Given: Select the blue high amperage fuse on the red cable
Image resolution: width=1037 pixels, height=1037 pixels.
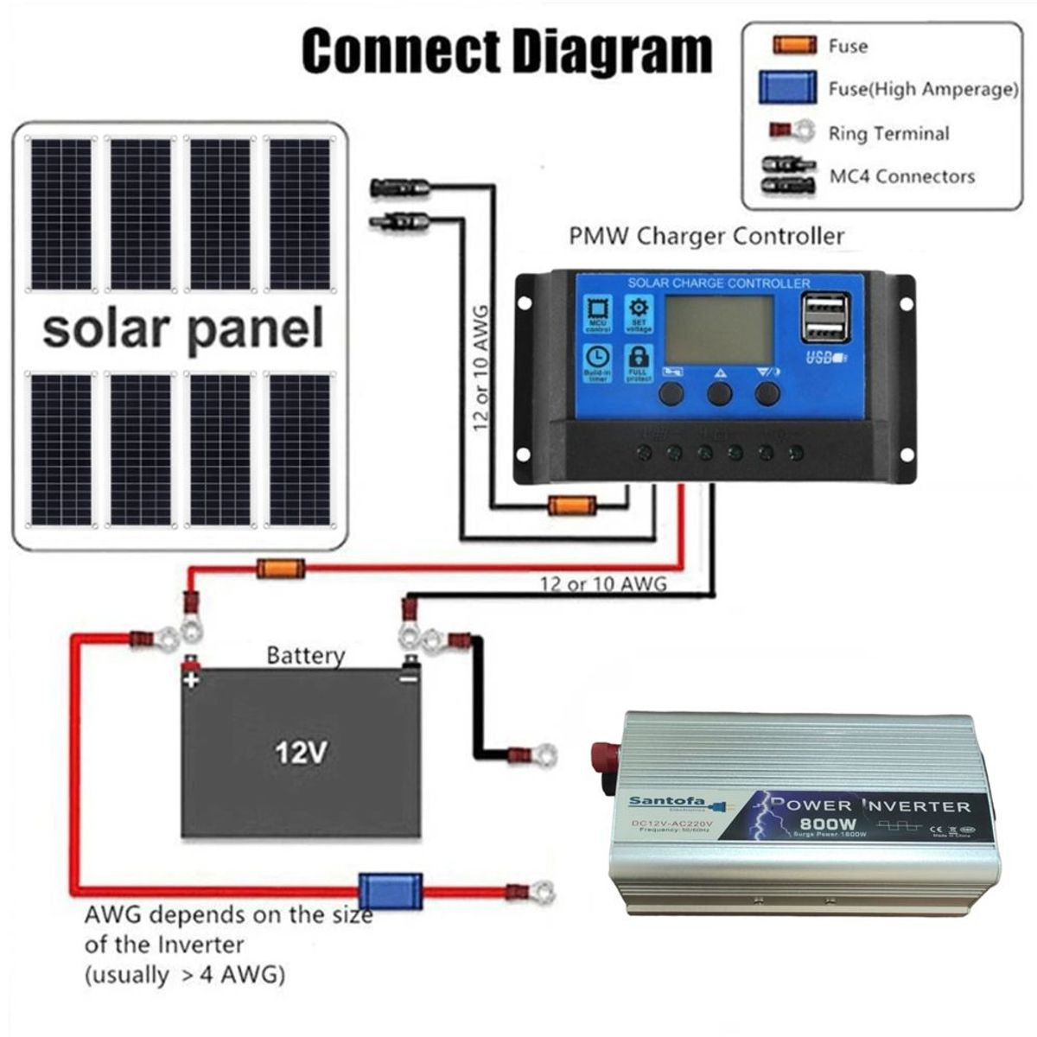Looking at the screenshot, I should pyautogui.click(x=391, y=891).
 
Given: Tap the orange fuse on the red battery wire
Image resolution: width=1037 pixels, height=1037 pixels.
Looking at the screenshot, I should pyautogui.click(x=281, y=569).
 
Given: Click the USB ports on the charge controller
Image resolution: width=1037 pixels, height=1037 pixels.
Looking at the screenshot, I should pyautogui.click(x=824, y=318).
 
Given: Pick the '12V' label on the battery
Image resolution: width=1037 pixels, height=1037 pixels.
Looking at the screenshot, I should pyautogui.click(x=301, y=753).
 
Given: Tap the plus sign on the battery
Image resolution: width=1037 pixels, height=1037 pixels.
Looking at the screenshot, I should pyautogui.click(x=191, y=679).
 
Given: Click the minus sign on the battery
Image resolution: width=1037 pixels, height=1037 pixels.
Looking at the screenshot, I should pyautogui.click(x=408, y=679).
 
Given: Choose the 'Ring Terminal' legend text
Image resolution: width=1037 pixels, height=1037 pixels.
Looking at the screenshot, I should pyautogui.click(x=888, y=133).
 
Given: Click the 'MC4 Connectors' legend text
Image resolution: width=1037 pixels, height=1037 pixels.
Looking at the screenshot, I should pyautogui.click(x=901, y=176).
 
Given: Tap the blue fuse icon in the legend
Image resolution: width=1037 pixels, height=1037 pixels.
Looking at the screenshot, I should pyautogui.click(x=787, y=88).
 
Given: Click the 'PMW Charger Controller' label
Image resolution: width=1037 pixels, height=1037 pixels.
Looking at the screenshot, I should pyautogui.click(x=706, y=236).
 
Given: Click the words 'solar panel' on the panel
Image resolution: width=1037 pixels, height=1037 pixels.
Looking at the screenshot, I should pyautogui.click(x=182, y=329).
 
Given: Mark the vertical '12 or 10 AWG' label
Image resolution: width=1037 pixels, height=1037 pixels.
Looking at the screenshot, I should pyautogui.click(x=481, y=363).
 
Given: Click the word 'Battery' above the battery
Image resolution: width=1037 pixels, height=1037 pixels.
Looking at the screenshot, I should pyautogui.click(x=305, y=655).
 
